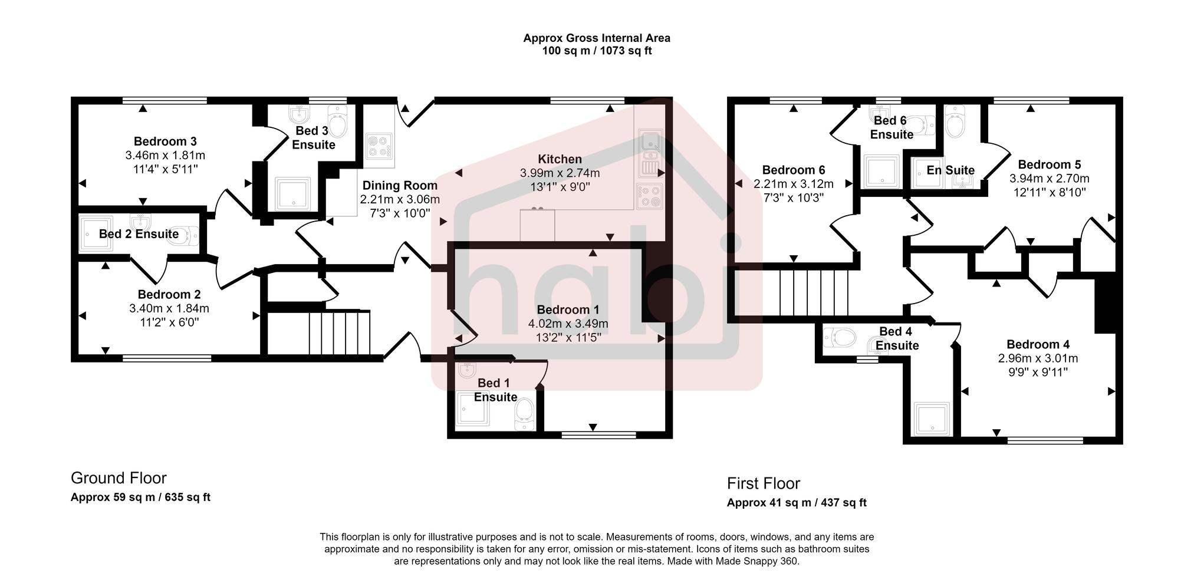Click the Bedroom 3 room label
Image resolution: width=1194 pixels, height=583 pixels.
(165, 141)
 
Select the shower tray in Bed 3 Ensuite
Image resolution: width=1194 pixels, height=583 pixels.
(292, 194)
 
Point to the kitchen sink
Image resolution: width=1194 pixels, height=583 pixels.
(650, 142)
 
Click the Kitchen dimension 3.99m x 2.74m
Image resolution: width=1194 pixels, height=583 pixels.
(560, 173)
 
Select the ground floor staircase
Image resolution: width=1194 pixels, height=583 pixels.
(339, 332)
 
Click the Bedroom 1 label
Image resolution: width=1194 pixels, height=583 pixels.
(568, 310)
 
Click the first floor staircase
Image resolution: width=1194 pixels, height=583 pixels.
(814, 293)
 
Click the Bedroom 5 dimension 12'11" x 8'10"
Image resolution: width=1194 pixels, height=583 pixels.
(1050, 192)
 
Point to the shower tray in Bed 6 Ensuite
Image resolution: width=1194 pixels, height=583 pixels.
(882, 172)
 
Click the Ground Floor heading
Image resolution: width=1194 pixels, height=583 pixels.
(119, 478)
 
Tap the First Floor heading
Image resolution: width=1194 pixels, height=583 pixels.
(763, 484)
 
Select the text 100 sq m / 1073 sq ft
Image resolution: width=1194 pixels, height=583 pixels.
(597, 51)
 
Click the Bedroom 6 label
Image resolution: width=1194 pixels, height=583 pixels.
(793, 170)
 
